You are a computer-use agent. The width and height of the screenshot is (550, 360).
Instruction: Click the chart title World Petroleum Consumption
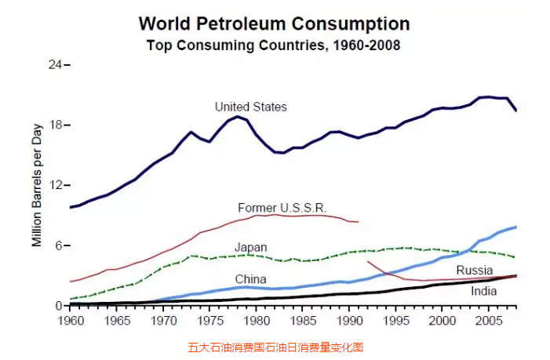(274, 24)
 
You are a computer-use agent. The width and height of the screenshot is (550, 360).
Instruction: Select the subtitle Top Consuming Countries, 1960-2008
(273, 45)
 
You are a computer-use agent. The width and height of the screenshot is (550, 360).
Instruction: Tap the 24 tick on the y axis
(55, 65)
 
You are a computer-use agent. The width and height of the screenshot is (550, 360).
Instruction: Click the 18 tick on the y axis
(55, 125)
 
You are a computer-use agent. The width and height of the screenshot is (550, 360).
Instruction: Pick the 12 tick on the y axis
(55, 186)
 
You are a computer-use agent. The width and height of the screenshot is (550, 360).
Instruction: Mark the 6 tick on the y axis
(58, 245)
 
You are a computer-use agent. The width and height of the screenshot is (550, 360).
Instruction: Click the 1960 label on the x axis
(71, 321)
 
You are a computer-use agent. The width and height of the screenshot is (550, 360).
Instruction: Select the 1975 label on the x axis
(209, 321)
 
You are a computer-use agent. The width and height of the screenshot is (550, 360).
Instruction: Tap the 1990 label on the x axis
(349, 321)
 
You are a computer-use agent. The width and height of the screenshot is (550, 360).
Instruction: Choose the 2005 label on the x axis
(489, 321)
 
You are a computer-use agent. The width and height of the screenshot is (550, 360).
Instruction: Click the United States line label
(251, 107)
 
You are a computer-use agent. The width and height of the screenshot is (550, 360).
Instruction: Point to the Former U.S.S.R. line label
(282, 208)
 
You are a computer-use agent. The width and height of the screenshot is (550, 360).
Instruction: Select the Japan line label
(251, 246)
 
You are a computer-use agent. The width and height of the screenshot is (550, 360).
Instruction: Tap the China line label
(251, 279)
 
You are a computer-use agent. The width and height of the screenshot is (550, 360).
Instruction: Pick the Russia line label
(475, 271)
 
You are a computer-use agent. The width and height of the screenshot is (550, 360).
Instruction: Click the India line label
(484, 291)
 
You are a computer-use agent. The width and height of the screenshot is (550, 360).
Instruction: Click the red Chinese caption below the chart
(275, 347)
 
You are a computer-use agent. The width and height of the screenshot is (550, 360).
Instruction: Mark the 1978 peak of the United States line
(237, 117)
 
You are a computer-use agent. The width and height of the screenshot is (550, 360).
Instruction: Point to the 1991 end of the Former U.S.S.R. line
(358, 222)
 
